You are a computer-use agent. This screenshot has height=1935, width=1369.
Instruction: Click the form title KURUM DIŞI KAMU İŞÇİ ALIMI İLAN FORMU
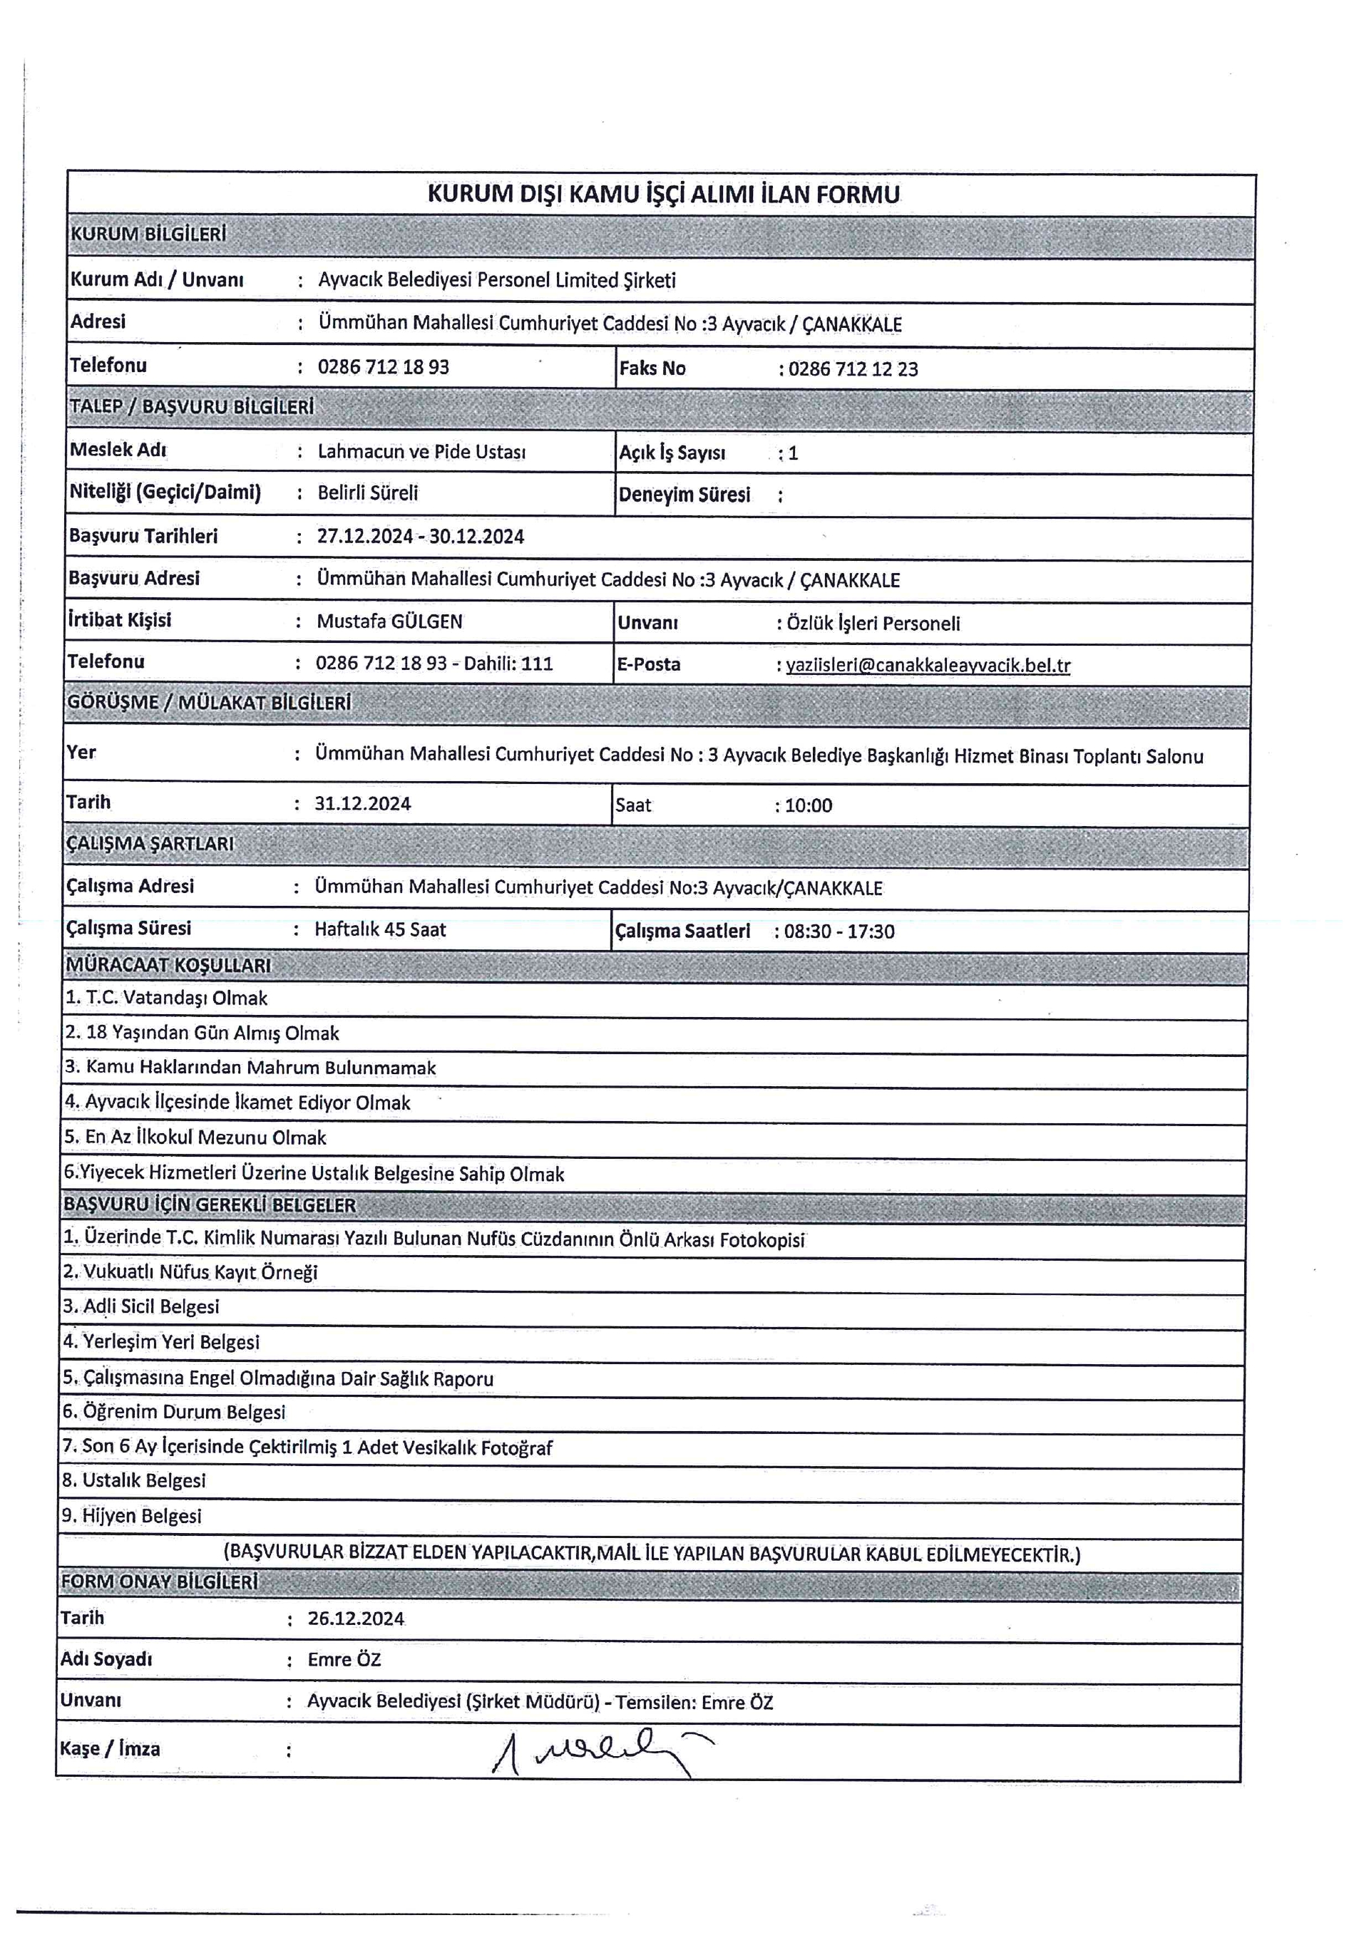(x=663, y=195)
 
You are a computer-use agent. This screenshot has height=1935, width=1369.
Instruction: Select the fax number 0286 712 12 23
(x=853, y=369)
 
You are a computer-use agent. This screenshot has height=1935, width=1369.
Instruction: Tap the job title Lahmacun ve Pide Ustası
(x=421, y=452)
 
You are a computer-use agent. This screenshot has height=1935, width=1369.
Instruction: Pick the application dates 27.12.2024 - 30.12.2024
(x=420, y=537)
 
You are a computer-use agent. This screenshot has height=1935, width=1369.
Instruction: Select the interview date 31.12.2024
(x=362, y=804)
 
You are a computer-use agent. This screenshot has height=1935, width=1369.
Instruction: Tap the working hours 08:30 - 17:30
(x=839, y=932)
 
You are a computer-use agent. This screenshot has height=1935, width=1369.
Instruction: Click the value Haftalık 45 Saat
(x=380, y=929)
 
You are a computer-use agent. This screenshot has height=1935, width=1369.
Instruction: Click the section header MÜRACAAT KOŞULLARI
(x=168, y=965)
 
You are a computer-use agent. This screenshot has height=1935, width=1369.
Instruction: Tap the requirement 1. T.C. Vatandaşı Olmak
(x=166, y=999)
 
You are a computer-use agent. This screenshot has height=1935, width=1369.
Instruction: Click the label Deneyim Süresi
(x=684, y=495)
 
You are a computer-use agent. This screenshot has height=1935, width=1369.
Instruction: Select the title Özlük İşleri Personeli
(x=873, y=624)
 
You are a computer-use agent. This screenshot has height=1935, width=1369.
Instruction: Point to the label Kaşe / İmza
(x=110, y=1750)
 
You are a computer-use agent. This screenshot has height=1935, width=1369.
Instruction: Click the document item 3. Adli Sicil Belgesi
(x=140, y=1307)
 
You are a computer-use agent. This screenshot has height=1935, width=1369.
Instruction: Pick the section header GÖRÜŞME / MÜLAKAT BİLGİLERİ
(x=208, y=703)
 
